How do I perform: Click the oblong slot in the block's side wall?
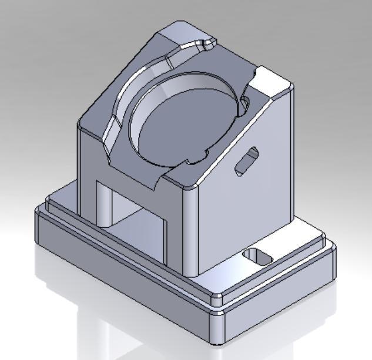point(246,161)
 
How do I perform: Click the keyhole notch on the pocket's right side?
point(242,106)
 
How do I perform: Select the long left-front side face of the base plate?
point(118,276)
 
